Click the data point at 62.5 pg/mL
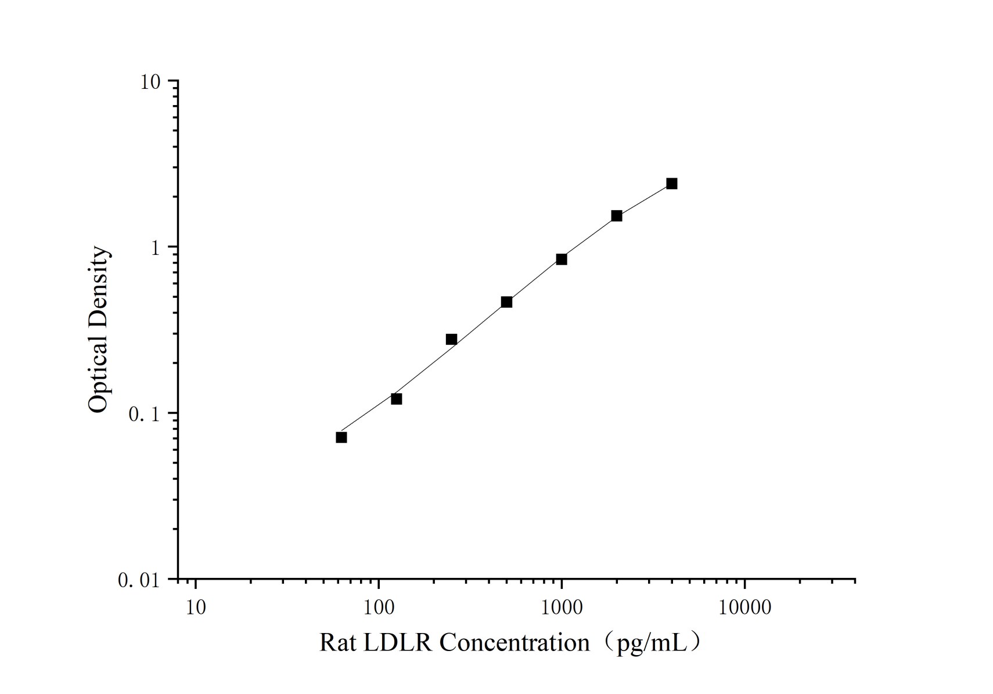(x=341, y=437)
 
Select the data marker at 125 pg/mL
(x=397, y=399)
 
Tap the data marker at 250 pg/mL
(x=451, y=339)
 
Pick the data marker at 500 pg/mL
(x=506, y=302)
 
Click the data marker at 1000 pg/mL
(x=562, y=259)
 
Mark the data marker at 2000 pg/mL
(x=617, y=216)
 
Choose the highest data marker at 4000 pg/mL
(x=672, y=184)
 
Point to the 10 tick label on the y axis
(x=149, y=82)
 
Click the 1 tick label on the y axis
(x=154, y=248)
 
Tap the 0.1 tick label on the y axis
(x=143, y=414)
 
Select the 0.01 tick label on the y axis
(x=138, y=580)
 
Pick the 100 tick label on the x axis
(x=379, y=607)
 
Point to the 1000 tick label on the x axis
(x=562, y=607)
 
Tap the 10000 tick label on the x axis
(x=744, y=607)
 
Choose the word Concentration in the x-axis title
(x=515, y=643)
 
